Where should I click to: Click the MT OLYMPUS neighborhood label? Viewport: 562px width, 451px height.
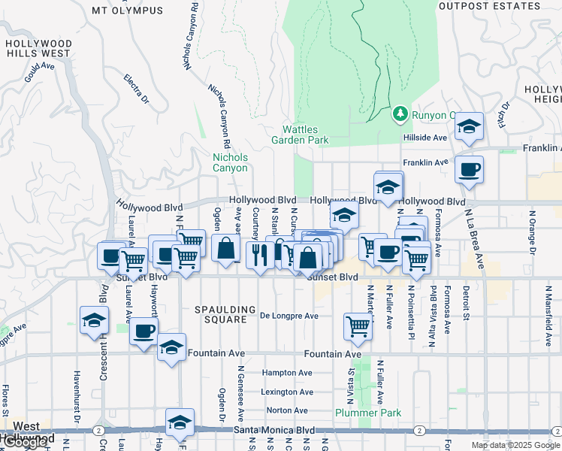pos(127,11)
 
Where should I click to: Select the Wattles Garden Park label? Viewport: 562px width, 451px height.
pos(300,135)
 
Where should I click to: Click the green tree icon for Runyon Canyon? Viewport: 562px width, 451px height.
pos(400,114)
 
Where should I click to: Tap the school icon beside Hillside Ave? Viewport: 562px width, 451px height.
pos(469,127)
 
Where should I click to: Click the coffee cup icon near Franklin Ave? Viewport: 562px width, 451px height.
pos(469,170)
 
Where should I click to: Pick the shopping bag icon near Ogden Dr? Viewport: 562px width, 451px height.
pos(225,249)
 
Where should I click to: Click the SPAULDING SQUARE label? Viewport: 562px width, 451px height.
pos(221,314)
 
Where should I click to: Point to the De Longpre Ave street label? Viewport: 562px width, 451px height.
pos(290,316)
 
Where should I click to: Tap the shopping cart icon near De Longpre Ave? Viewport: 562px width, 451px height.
pos(358,326)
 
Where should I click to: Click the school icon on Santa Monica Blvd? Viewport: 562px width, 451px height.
pos(180,424)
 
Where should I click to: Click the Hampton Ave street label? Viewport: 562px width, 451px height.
pos(287,373)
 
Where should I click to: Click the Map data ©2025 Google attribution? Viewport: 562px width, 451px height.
pos(516,445)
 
